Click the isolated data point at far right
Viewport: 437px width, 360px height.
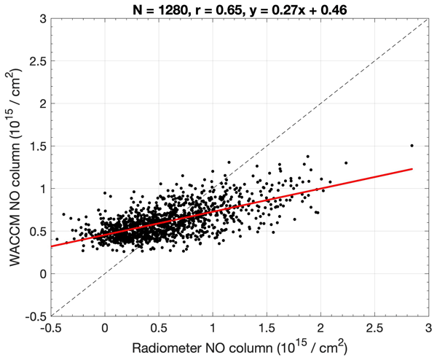coord(412,145)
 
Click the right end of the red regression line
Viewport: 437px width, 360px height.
coord(412,169)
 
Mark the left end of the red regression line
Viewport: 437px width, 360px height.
coord(51,246)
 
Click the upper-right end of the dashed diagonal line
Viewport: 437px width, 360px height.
coord(428,18)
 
